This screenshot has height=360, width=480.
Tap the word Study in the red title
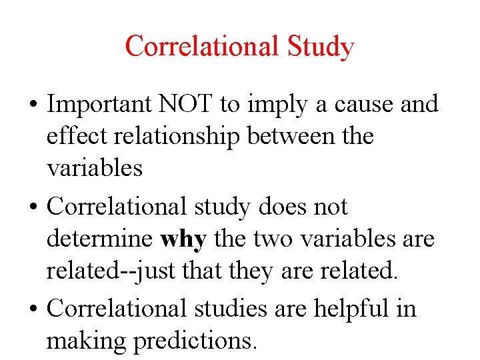click(x=321, y=47)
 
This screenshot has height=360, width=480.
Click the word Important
click(x=101, y=105)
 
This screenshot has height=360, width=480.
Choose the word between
click(x=291, y=136)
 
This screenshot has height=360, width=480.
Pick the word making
click(x=87, y=341)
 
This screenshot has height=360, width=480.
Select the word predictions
click(x=195, y=341)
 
